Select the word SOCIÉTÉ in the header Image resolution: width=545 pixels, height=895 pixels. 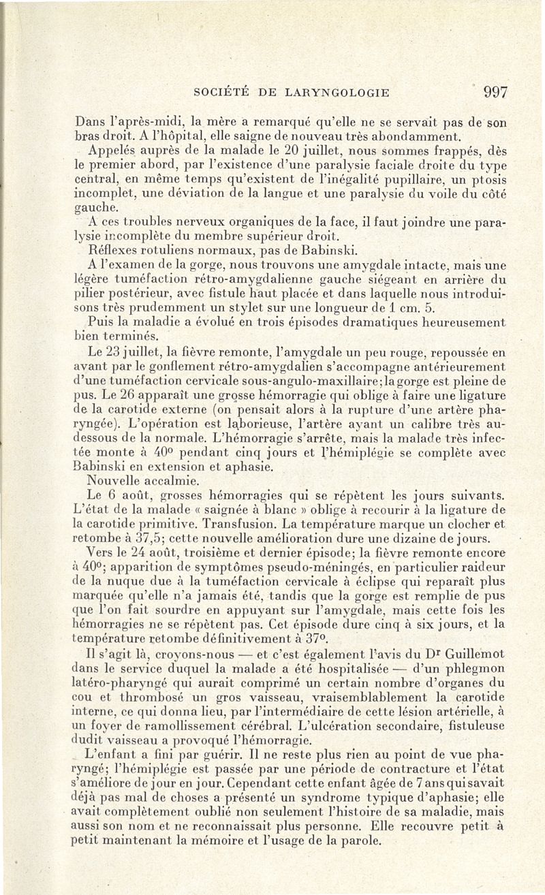pyautogui.click(x=221, y=93)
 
